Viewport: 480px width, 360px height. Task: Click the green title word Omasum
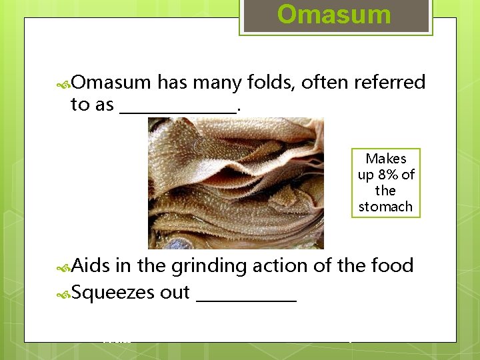334,15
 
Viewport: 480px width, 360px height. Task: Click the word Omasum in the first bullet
111,83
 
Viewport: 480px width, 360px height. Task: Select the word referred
390,83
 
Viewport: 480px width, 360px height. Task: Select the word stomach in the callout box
386,207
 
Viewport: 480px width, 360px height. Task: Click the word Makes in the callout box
386,159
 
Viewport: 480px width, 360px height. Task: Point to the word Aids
91,265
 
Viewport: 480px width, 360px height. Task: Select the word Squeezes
113,293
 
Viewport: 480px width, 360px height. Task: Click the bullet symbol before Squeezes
64,293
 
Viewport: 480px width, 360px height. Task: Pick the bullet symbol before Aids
64,267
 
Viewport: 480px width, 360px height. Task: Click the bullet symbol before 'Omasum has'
64,83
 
